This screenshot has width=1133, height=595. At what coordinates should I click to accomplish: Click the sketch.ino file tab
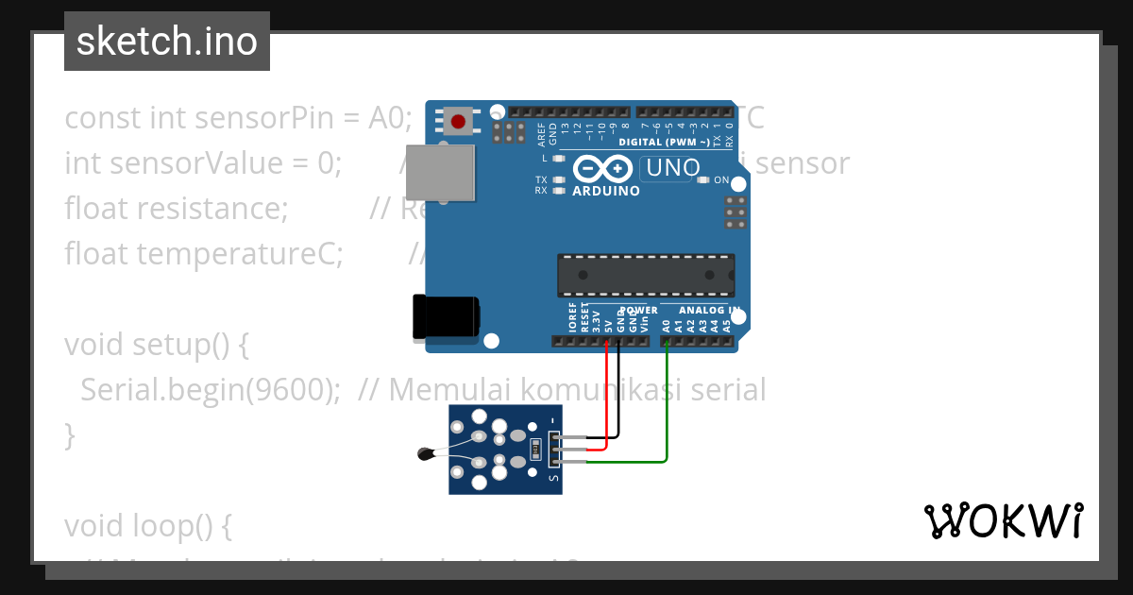click(x=166, y=42)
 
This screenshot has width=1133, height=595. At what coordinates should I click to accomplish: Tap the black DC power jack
click(x=445, y=316)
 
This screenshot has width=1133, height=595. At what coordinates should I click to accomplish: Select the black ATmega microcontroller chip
click(x=645, y=274)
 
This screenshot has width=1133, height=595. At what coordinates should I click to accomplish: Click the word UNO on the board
click(x=672, y=168)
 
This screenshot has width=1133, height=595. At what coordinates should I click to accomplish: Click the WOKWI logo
click(x=1003, y=520)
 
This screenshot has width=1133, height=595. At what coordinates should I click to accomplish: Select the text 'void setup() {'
click(x=156, y=345)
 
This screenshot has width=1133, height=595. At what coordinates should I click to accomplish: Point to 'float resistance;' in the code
click(x=176, y=208)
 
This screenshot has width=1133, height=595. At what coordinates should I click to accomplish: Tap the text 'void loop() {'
click(x=147, y=526)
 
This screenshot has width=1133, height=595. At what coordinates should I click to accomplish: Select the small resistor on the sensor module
click(x=535, y=450)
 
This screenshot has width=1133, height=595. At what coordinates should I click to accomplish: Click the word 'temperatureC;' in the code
click(x=239, y=253)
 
